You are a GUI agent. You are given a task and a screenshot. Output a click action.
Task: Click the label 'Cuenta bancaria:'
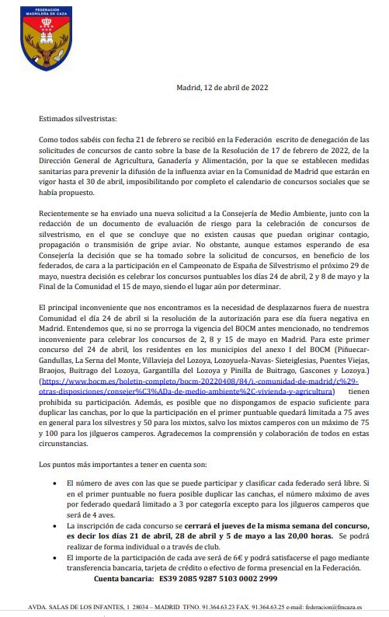pos(127,579)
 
